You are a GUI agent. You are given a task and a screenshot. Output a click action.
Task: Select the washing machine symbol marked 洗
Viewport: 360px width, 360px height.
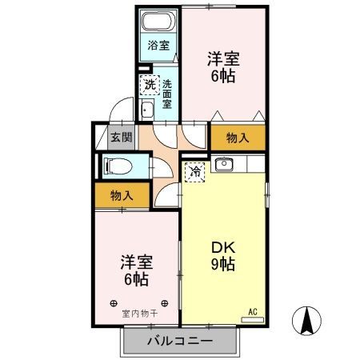tap(150, 84)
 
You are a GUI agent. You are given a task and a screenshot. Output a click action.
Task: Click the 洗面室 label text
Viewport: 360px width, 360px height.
tap(167, 93)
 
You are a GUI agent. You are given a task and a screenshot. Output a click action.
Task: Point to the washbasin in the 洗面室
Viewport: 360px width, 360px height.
tap(147, 110)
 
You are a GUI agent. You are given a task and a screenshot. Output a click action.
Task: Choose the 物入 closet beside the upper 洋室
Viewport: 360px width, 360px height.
tap(238, 138)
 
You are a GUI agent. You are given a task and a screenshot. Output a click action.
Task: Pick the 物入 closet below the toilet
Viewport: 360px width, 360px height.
tap(122, 195)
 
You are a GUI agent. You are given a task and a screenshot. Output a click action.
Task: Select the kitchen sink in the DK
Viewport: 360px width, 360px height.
tap(223, 166)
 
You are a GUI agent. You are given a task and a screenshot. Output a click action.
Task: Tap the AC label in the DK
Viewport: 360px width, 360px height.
tap(253, 311)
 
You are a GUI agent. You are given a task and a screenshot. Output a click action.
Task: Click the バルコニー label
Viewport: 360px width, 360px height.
tap(180, 341)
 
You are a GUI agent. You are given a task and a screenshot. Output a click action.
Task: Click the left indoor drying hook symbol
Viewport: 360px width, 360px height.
tap(113, 303)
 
